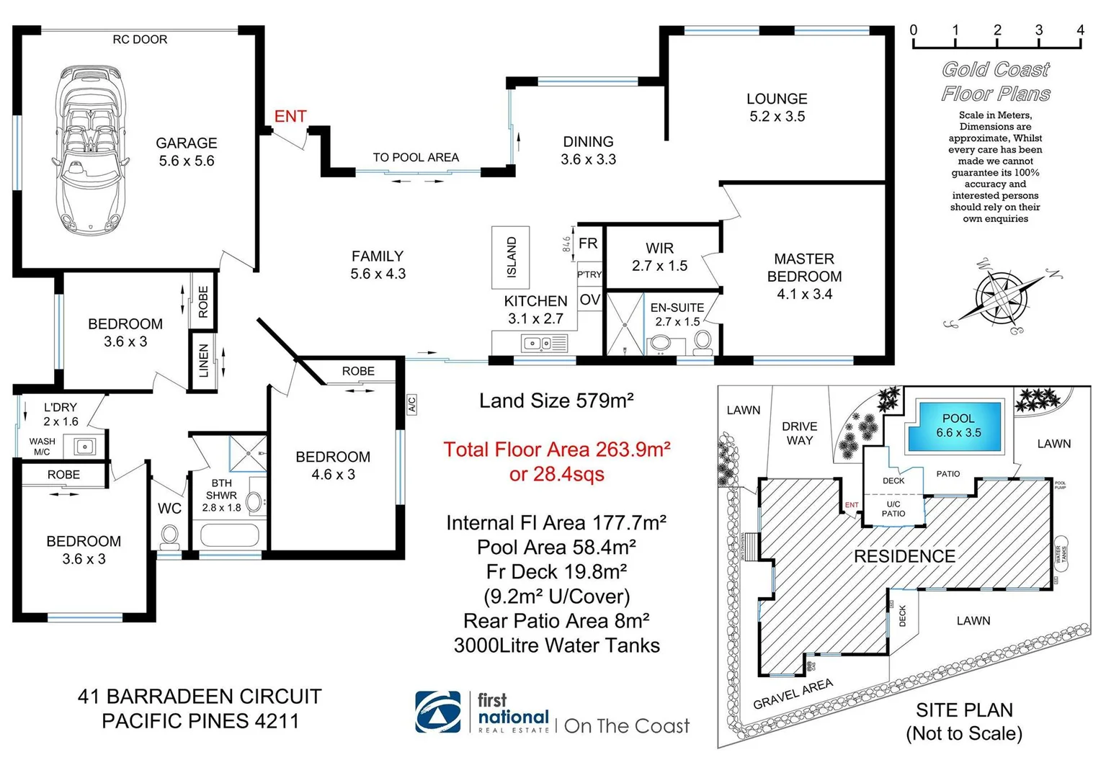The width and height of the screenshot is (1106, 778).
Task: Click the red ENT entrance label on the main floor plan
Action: [x=290, y=116]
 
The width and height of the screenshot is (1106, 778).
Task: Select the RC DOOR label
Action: [x=140, y=40]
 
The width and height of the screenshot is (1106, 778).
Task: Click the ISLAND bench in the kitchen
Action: [x=511, y=257]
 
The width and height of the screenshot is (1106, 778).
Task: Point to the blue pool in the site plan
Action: [x=958, y=426]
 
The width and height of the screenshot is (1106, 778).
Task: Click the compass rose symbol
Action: [x=1002, y=297]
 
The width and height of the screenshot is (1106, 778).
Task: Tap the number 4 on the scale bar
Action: [x=1080, y=30]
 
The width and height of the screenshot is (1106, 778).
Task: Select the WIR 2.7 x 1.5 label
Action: [x=659, y=257]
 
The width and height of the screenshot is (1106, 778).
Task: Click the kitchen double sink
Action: [x=536, y=344]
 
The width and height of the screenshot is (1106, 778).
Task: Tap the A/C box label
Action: [x=411, y=404]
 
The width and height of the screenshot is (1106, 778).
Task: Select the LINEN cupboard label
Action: [x=203, y=360]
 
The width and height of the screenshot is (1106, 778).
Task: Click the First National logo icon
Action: [x=437, y=712]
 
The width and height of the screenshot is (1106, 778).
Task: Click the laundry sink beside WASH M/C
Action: [x=85, y=447]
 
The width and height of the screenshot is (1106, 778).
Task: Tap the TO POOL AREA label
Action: [x=416, y=158]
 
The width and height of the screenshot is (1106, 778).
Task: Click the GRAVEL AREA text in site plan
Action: [x=793, y=694]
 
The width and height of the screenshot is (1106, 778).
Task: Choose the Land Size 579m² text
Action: [x=556, y=401]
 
